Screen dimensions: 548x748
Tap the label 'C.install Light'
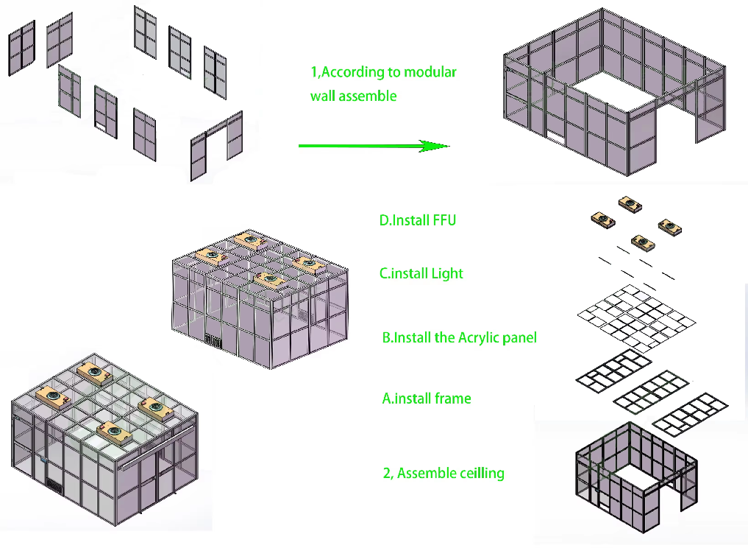point(421,273)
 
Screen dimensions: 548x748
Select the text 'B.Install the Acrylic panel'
point(459,338)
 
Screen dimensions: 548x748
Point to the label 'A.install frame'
point(427,398)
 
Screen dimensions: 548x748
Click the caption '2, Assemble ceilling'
point(444,473)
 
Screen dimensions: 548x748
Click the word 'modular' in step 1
point(430,72)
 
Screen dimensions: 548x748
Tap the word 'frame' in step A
point(453,398)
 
